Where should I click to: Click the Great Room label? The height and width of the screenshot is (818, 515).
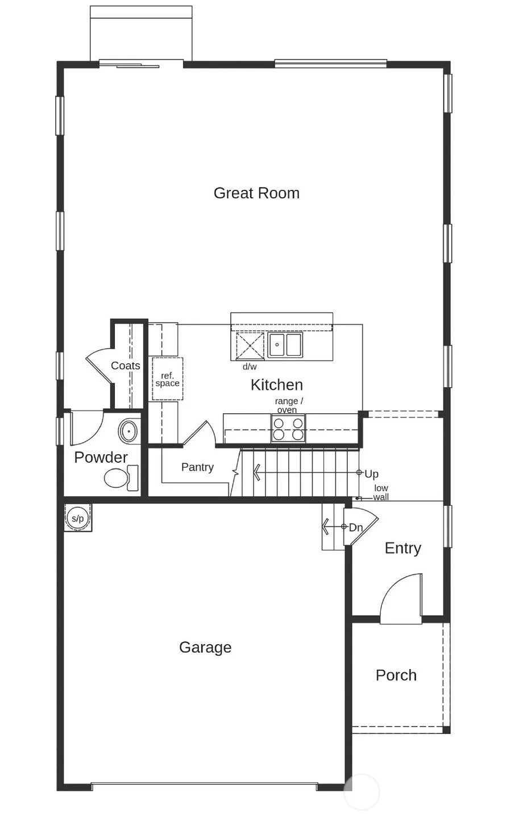[x=256, y=193]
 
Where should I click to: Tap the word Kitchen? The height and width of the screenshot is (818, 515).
[x=277, y=385]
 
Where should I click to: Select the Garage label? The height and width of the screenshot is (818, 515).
[x=205, y=647]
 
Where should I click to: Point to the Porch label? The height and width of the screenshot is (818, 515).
[x=396, y=675]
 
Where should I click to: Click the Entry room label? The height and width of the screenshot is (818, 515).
[x=403, y=549]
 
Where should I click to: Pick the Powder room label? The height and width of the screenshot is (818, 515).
[x=101, y=457]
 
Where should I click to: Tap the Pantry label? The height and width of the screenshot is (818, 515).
[x=198, y=467]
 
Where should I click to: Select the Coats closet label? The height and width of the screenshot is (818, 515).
[x=125, y=366]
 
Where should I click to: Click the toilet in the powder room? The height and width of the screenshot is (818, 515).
[x=121, y=478]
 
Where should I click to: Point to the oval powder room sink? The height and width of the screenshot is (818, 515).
[x=128, y=431]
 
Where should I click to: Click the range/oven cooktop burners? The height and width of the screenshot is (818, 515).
[x=288, y=429]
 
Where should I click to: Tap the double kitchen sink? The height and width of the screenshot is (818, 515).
[x=285, y=344]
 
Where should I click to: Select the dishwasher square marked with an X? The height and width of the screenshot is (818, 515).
[x=250, y=345]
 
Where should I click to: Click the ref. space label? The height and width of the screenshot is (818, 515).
[x=167, y=379]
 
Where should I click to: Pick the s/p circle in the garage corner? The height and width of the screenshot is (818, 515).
[x=78, y=518]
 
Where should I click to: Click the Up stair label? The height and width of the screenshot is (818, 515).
[x=371, y=474]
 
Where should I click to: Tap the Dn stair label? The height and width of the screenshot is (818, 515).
[x=356, y=528]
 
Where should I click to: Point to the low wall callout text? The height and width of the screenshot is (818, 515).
[x=381, y=492]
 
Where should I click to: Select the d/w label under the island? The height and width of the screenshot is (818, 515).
[x=250, y=367]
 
